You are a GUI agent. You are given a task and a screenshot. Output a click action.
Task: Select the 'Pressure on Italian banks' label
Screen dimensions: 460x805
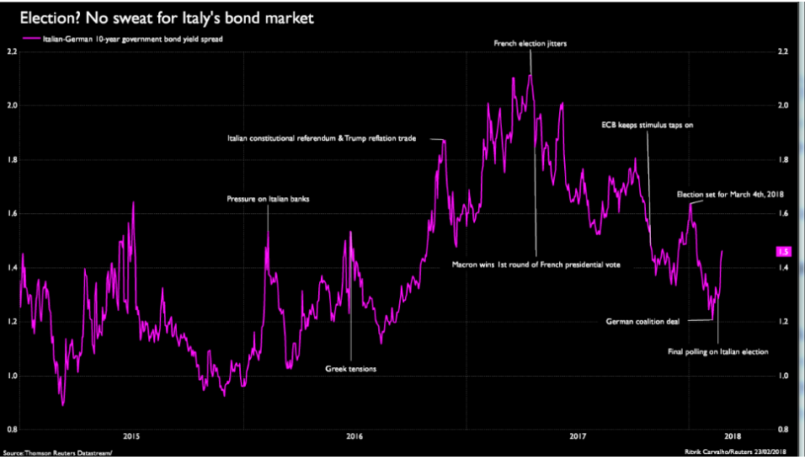pyautogui.click(x=269, y=199)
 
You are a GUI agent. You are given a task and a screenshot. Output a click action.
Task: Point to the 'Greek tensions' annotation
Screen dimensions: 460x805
pyautogui.click(x=350, y=369)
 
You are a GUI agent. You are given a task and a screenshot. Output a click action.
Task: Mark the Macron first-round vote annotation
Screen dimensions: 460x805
pyautogui.click(x=536, y=265)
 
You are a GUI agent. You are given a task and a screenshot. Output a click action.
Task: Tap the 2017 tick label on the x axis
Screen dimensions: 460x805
pyautogui.click(x=578, y=436)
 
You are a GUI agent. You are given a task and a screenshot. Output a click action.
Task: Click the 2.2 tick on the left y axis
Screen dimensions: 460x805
pyautogui.click(x=12, y=51)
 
